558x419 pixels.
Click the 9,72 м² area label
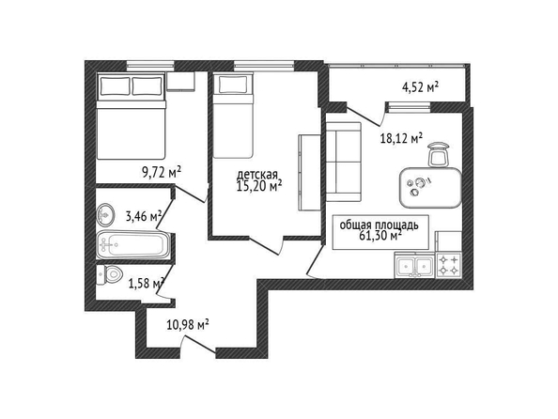pos(162,173)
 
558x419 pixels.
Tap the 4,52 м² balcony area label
pos(420,86)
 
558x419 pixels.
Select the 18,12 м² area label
pos(402,138)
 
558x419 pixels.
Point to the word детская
pos(257,175)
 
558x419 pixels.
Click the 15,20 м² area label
pos(259,185)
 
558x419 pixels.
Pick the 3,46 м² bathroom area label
pos(144,215)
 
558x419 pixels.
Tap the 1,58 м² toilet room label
pos(146,284)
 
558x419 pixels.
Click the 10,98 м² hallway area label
pos(188,325)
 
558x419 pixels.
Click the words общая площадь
pos(379,225)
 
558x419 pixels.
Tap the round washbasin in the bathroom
pos(105,214)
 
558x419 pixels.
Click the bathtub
pos(133,244)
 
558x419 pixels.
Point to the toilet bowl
pos(109,275)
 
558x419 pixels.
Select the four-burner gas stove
pos(449,265)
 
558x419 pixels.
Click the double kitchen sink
pos(415,265)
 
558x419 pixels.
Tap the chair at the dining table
pos(439,154)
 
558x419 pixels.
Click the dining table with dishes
pos(430,187)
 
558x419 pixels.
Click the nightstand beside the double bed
pos(180,82)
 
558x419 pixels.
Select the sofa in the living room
pos(344,162)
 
